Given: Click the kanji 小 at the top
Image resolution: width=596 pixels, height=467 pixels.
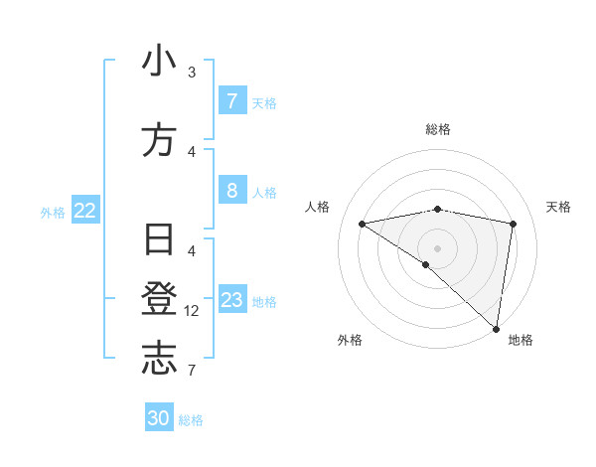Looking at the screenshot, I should (x=159, y=62).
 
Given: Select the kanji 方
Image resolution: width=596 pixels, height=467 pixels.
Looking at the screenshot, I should (x=159, y=141).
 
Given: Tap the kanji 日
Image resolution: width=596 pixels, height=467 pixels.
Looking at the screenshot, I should (x=159, y=241).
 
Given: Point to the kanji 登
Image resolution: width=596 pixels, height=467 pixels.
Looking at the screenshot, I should (x=159, y=301).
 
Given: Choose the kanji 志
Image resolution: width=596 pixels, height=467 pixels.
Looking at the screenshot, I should (x=159, y=360).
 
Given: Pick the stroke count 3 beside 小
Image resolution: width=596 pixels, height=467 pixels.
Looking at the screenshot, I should (x=192, y=73).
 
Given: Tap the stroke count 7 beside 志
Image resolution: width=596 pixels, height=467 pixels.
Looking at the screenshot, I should (x=192, y=371).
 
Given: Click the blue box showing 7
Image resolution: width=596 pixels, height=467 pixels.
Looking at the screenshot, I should (x=231, y=101).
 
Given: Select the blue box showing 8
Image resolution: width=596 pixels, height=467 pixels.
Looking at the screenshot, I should (x=231, y=191).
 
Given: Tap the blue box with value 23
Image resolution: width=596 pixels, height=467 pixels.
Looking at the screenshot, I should (x=231, y=300).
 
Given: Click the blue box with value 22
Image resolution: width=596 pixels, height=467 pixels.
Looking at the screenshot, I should (x=85, y=211).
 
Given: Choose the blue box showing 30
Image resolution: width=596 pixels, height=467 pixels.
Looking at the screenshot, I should (x=159, y=418).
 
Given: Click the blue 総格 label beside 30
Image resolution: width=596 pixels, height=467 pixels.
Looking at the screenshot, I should (x=191, y=420).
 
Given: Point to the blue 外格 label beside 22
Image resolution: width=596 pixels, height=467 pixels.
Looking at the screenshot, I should (x=53, y=212).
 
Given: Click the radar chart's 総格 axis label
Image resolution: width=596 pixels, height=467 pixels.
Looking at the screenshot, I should (x=438, y=129).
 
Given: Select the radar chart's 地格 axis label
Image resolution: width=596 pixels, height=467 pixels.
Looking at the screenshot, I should (x=521, y=340).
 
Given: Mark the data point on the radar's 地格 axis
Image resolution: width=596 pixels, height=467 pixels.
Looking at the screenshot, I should (x=497, y=328).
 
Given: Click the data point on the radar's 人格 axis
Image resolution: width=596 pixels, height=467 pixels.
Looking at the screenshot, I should (x=363, y=224).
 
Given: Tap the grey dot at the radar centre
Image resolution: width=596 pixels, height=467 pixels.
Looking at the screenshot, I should (x=437, y=246).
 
